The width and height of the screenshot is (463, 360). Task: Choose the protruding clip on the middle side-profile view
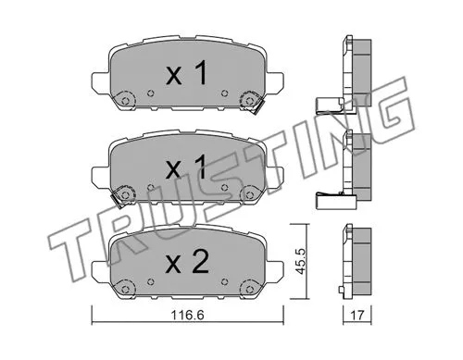coord(329,196)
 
